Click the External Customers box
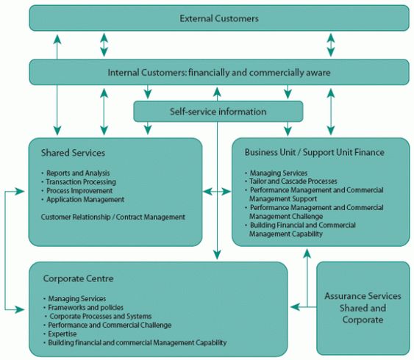pyautogui.click(x=219, y=18)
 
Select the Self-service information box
pyautogui.click(x=218, y=112)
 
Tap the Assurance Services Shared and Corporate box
pyautogui.click(x=363, y=308)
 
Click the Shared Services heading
pyautogui.click(x=74, y=153)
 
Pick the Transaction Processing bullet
pyautogui.click(x=80, y=182)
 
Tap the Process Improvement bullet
pyautogui.click(x=78, y=190)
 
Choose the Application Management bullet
pyautogui.click(x=85, y=199)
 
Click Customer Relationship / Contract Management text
pyautogui.click(x=113, y=217)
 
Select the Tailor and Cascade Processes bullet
pyautogui.click(x=293, y=181)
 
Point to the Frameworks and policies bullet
pyautogui.click(x=85, y=307)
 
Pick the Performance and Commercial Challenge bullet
pyautogui.click(x=110, y=325)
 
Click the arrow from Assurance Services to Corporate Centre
pyautogui.click(x=301, y=303)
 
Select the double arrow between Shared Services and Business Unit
pyautogui.click(x=217, y=192)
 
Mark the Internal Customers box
pyautogui.click(x=219, y=72)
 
